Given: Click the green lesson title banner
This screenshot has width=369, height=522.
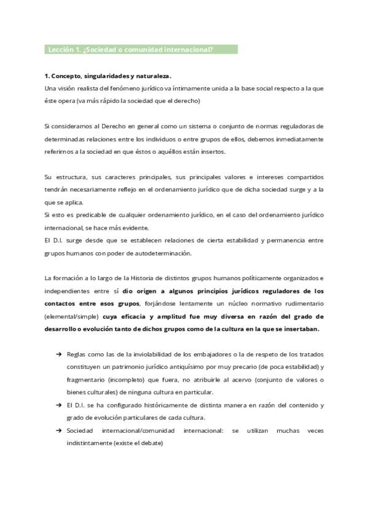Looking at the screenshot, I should [x=141, y=49].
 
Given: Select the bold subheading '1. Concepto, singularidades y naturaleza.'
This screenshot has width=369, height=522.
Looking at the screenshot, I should [x=108, y=76].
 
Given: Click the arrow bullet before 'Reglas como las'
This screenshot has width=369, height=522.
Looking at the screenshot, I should [x=58, y=355].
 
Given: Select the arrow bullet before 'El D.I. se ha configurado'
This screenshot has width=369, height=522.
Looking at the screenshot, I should [x=58, y=405].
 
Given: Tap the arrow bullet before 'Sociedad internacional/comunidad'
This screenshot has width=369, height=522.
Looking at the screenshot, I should [x=58, y=430].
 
